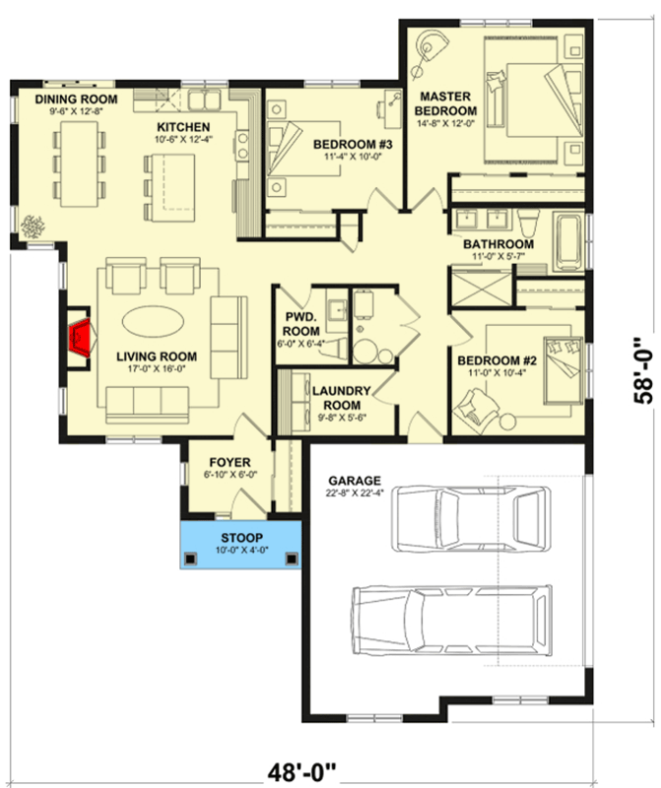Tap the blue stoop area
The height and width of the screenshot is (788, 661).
tap(238, 543)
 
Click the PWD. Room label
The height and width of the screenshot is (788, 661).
tap(301, 324)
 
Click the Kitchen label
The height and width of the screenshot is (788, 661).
tap(183, 128)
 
